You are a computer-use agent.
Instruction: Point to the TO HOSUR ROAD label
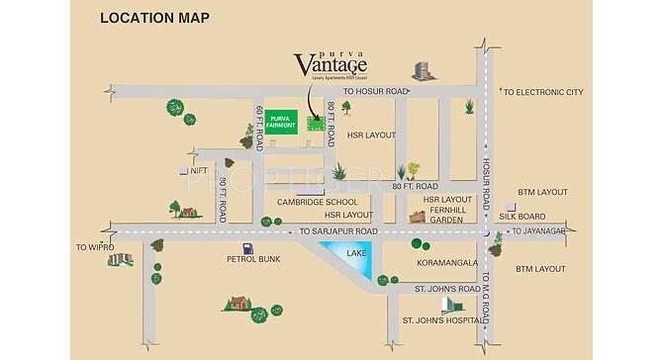tap(376, 92)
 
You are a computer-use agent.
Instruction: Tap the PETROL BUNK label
tap(253, 259)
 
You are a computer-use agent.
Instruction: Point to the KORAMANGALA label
tap(449, 264)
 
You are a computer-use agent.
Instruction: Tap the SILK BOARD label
tap(522, 216)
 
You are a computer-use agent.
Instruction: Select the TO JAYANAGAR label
tap(540, 231)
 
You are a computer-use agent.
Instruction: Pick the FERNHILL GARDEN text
tap(449, 215)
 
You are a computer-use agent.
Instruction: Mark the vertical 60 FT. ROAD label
tap(260, 127)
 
